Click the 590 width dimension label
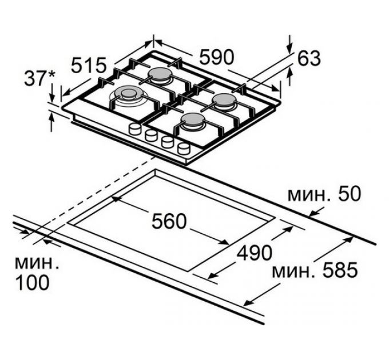(217, 57)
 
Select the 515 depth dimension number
(89, 65)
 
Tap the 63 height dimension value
(309, 59)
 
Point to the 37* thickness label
(39, 78)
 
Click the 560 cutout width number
(169, 222)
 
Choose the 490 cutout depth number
(255, 253)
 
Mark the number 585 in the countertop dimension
(340, 270)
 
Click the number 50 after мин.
(348, 194)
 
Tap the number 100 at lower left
(32, 283)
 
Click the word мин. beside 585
(295, 271)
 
